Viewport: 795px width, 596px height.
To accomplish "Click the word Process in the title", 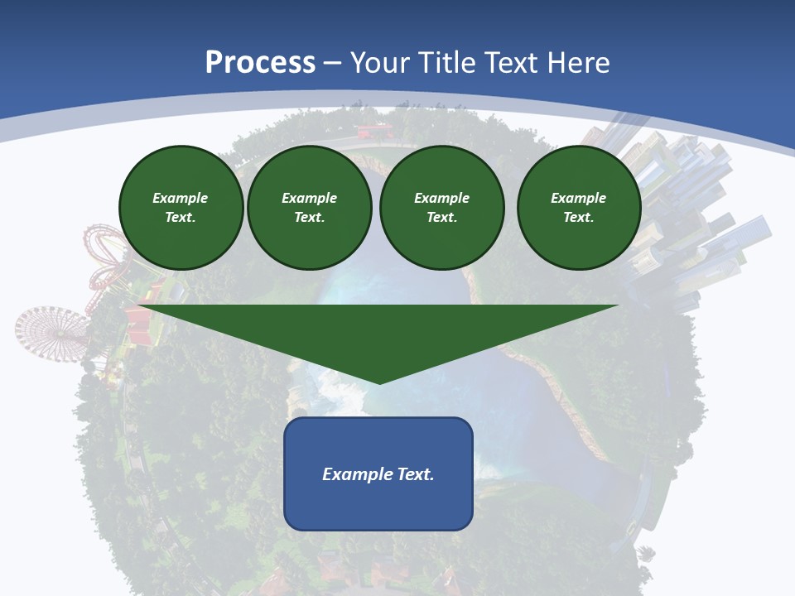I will (x=260, y=63).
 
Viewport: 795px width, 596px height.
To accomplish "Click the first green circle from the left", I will (x=181, y=208).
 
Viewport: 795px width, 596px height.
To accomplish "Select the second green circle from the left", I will (x=309, y=208).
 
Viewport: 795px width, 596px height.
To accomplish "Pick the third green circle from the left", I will (x=441, y=208).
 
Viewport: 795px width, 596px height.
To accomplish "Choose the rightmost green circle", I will (x=578, y=208).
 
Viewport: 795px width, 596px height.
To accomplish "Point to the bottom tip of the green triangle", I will (x=379, y=382).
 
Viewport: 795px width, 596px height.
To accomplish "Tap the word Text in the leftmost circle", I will (x=181, y=218).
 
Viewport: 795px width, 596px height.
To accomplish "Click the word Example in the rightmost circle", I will (x=578, y=198).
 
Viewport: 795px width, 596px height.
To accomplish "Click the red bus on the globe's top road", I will (x=373, y=131).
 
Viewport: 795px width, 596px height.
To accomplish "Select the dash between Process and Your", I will (x=333, y=63).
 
